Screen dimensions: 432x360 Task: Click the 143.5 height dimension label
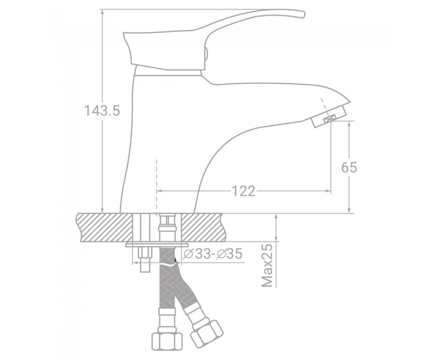tap(102, 111)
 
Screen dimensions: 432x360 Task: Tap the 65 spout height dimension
tap(349, 167)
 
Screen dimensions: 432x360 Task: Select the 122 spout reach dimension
tap(244, 191)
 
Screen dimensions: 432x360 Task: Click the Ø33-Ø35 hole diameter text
tap(213, 254)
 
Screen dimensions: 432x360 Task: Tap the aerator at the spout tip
tap(328, 117)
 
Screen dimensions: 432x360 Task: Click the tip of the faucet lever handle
tap(304, 14)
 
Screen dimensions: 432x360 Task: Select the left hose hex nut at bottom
tap(167, 341)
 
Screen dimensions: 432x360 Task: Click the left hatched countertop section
tap(105, 228)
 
